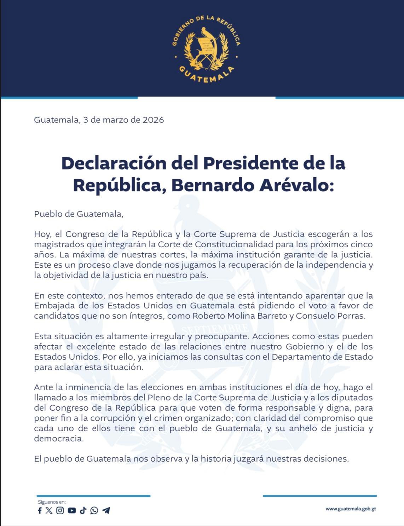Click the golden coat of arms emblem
(x=206, y=50)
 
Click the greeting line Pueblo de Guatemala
(x=79, y=214)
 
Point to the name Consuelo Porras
(x=330, y=316)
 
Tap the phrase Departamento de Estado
(x=322, y=357)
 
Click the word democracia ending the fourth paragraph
(x=59, y=439)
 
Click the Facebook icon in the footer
(x=40, y=510)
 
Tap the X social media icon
(x=49, y=510)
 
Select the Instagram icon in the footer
(x=60, y=510)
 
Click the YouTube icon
(x=72, y=510)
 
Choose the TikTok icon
(x=83, y=510)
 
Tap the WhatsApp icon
(x=94, y=510)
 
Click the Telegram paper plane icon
(x=106, y=510)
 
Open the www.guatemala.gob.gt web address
(x=351, y=509)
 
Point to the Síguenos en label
(x=52, y=502)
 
